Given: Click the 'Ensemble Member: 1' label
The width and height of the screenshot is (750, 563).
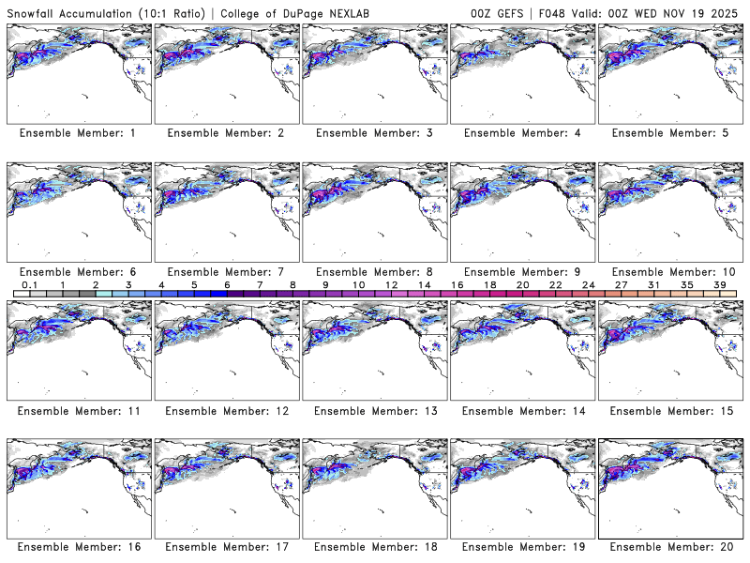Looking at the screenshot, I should (x=78, y=133).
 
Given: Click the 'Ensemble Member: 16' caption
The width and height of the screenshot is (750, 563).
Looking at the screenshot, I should (x=78, y=548).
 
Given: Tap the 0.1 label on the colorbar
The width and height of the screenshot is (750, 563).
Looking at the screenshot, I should (x=29, y=284).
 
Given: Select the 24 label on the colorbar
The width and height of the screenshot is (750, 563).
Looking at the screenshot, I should (x=589, y=284).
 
